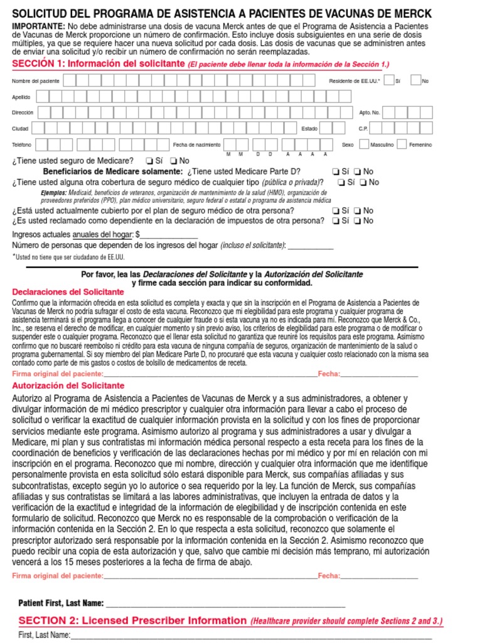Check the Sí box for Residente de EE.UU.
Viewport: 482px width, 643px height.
click(389, 80)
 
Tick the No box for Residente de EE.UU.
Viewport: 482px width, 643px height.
click(415, 80)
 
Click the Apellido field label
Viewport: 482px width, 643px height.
click(21, 97)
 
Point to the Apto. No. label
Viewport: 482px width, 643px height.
click(369, 113)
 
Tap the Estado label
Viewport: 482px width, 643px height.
click(309, 129)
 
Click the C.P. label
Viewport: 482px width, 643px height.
click(363, 129)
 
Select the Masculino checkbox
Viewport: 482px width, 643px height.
click(364, 144)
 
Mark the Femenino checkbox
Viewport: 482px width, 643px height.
click(402, 144)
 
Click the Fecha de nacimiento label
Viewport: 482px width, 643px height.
click(196, 145)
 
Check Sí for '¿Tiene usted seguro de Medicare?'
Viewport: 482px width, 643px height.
click(149, 161)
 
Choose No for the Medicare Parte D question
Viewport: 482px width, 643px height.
click(357, 171)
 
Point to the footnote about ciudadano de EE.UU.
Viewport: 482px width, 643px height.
click(68, 257)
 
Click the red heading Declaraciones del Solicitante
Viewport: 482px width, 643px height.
click(68, 292)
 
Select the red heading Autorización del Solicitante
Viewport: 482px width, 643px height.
click(68, 386)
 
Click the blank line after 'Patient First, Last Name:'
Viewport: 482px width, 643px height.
click(225, 603)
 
